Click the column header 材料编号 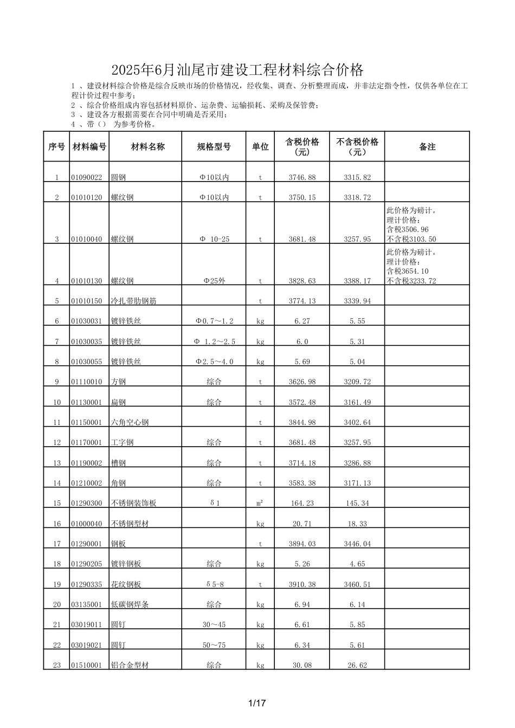tap(89, 147)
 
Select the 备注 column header tap(427, 147)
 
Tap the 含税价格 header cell tap(302, 147)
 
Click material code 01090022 tap(87, 178)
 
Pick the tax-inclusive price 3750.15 tap(302, 198)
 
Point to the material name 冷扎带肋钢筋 tap(133, 301)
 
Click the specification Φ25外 tap(214, 281)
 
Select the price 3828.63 tap(302, 281)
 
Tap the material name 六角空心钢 tap(130, 423)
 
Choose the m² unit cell tap(260, 504)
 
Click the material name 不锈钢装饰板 tap(133, 504)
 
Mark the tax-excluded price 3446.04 tap(357, 544)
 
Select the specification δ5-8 tap(214, 585)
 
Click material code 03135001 tap(87, 605)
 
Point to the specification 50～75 tap(214, 646)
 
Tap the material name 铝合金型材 tap(130, 666)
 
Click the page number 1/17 tap(257, 704)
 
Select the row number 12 tap(57, 443)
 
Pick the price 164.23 tap(302, 504)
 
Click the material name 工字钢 tap(122, 443)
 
